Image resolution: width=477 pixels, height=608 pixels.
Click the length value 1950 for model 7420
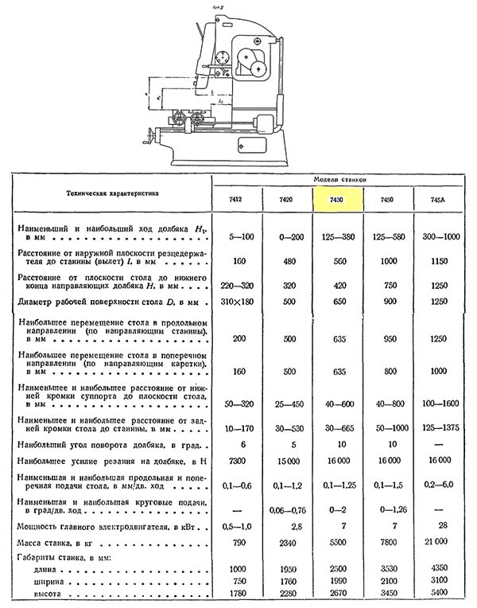[x=289, y=569]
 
